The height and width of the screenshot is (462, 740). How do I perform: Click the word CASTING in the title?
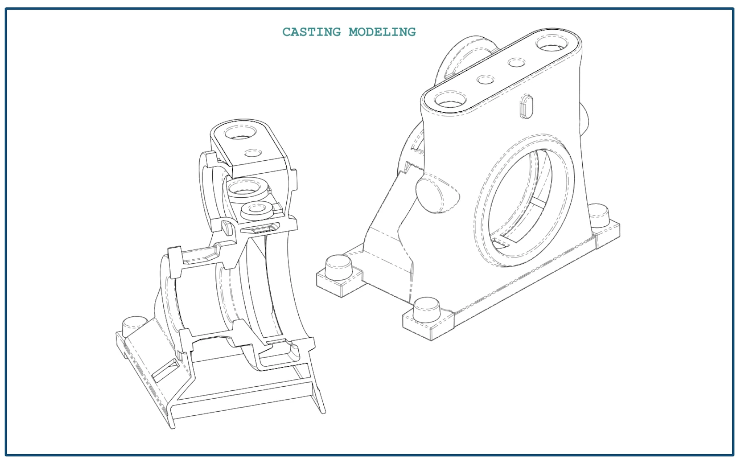(311, 32)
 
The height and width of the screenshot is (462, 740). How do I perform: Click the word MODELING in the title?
(382, 32)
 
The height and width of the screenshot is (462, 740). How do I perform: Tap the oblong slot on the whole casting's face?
(526, 106)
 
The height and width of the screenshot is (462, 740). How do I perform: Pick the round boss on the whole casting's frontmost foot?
(426, 310)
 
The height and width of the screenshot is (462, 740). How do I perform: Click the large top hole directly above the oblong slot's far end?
(552, 44)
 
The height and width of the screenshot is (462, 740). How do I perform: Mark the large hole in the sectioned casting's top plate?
(240, 134)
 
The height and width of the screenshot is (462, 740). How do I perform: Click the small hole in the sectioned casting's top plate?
(253, 153)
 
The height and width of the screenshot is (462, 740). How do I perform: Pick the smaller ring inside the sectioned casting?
(256, 210)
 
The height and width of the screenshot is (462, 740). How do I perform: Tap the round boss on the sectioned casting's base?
(135, 325)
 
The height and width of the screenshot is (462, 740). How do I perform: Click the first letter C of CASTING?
(287, 32)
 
